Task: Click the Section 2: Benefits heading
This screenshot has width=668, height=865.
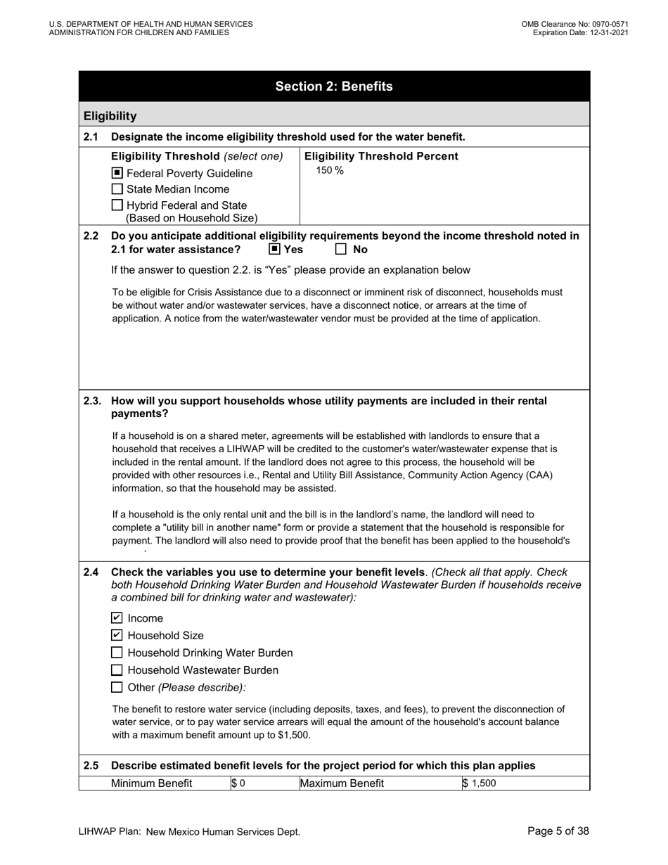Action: point(334,86)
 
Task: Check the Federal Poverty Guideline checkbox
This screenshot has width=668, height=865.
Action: point(117,173)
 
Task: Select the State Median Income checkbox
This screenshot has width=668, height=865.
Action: point(117,189)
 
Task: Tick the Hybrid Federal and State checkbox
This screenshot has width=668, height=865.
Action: point(117,205)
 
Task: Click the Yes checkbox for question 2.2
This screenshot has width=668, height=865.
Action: point(275,249)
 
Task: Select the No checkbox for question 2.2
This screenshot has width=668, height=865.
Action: point(341,249)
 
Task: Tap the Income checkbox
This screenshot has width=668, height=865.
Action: point(117,618)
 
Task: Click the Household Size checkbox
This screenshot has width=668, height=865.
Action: point(117,635)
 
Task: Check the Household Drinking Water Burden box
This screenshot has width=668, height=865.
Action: point(117,653)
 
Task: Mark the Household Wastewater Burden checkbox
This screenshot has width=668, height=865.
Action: point(117,670)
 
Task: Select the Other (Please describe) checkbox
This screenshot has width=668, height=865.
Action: point(117,687)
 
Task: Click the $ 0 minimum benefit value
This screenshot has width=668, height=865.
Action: point(238,783)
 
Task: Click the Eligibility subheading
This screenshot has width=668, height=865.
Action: point(110,116)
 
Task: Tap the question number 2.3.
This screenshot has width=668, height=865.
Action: point(92,401)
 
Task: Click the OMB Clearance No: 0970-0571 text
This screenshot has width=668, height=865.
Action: point(574,24)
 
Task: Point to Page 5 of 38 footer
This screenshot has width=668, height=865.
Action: point(558,831)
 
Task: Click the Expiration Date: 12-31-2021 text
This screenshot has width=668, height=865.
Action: point(580,32)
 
